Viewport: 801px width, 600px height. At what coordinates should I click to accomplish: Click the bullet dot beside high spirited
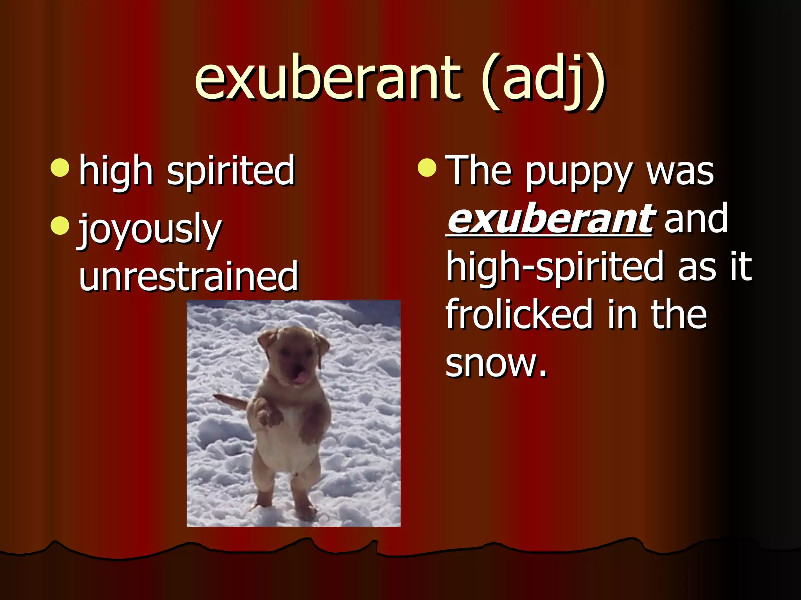point(60,168)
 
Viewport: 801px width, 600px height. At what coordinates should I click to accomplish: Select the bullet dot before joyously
point(60,226)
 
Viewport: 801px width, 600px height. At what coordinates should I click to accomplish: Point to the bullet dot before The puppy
point(427,168)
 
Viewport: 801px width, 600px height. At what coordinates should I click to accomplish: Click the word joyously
point(151,230)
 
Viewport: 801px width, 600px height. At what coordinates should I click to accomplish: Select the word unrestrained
point(189,276)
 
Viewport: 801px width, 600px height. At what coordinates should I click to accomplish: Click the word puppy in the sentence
point(579,173)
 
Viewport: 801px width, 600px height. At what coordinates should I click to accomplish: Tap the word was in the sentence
point(681,172)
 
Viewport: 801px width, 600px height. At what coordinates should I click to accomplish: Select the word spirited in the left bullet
point(231,171)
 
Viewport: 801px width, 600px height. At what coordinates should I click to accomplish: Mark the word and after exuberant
point(696,219)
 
